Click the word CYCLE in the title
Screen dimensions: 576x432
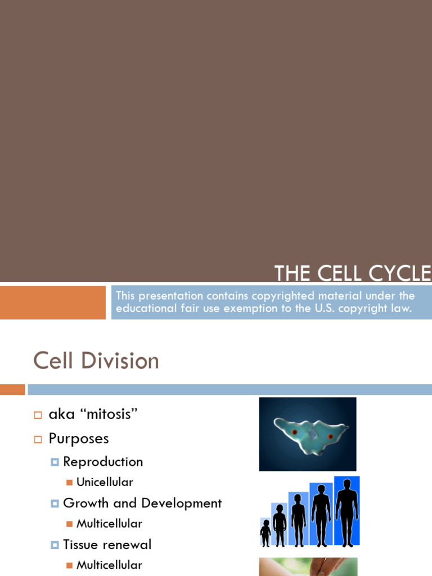(400, 273)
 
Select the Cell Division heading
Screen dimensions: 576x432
(96, 361)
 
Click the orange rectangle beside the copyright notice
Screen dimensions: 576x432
(52, 303)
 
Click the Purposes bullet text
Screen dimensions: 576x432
(79, 438)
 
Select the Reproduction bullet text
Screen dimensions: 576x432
(103, 462)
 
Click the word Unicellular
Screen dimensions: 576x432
(105, 482)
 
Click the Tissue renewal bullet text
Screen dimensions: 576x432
(107, 544)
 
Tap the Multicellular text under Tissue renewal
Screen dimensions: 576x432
(109, 565)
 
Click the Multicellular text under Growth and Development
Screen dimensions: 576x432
(109, 524)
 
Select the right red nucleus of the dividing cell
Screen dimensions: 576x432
(330, 436)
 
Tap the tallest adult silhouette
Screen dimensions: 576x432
(346, 512)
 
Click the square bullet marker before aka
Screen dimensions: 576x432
(38, 415)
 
